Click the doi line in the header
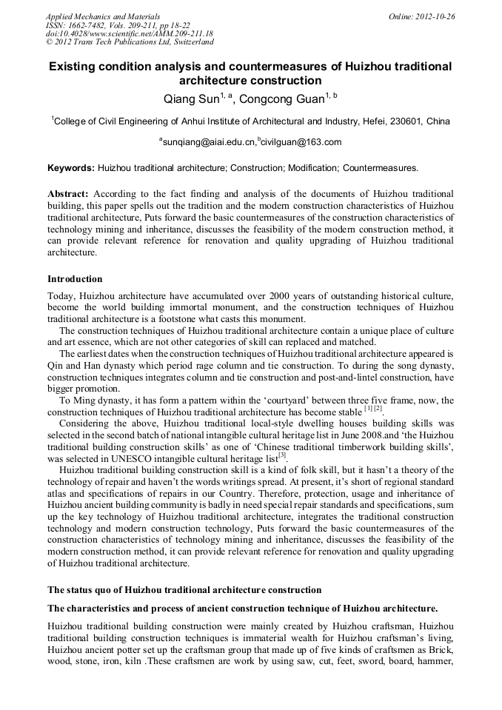tap(129, 33)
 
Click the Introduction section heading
tap(75, 279)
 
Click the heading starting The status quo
tap(184, 590)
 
